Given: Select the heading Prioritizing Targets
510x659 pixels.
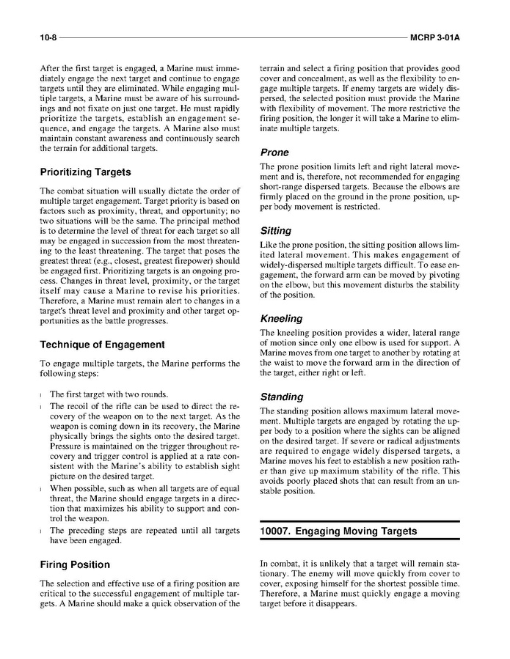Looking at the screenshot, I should pyautogui.click(x=85, y=172).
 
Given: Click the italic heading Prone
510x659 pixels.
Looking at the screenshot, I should pyautogui.click(x=274, y=152).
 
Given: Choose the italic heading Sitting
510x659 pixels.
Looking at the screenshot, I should pyautogui.click(x=276, y=230).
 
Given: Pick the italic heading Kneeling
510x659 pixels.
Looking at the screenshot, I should pyautogui.click(x=281, y=319).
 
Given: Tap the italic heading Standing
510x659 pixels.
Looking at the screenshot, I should pyautogui.click(x=282, y=397).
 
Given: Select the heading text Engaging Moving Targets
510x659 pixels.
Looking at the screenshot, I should pyautogui.click(x=356, y=531).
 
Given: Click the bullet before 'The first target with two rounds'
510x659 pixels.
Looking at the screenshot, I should pyautogui.click(x=41, y=394).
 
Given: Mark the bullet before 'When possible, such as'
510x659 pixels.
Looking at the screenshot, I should pyautogui.click(x=41, y=488).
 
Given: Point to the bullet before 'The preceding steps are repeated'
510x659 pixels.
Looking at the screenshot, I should pyautogui.click(x=41, y=530).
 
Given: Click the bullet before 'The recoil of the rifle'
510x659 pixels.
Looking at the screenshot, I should pyautogui.click(x=41, y=405).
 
